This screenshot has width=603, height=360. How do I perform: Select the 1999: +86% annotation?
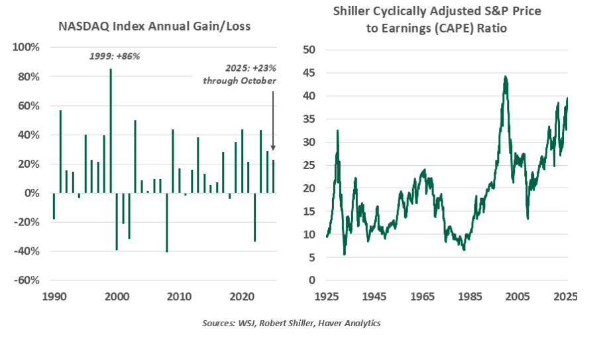115,56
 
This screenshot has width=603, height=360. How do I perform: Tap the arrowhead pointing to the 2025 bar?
273,149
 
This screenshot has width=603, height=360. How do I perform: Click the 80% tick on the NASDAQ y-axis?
28,77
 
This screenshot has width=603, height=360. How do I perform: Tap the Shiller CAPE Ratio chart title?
437,21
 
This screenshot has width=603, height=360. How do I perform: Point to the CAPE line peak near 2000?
506,78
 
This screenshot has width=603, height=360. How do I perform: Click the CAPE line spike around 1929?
338,131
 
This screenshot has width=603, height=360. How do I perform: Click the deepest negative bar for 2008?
167,223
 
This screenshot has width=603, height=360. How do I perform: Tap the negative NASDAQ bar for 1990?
54,206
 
